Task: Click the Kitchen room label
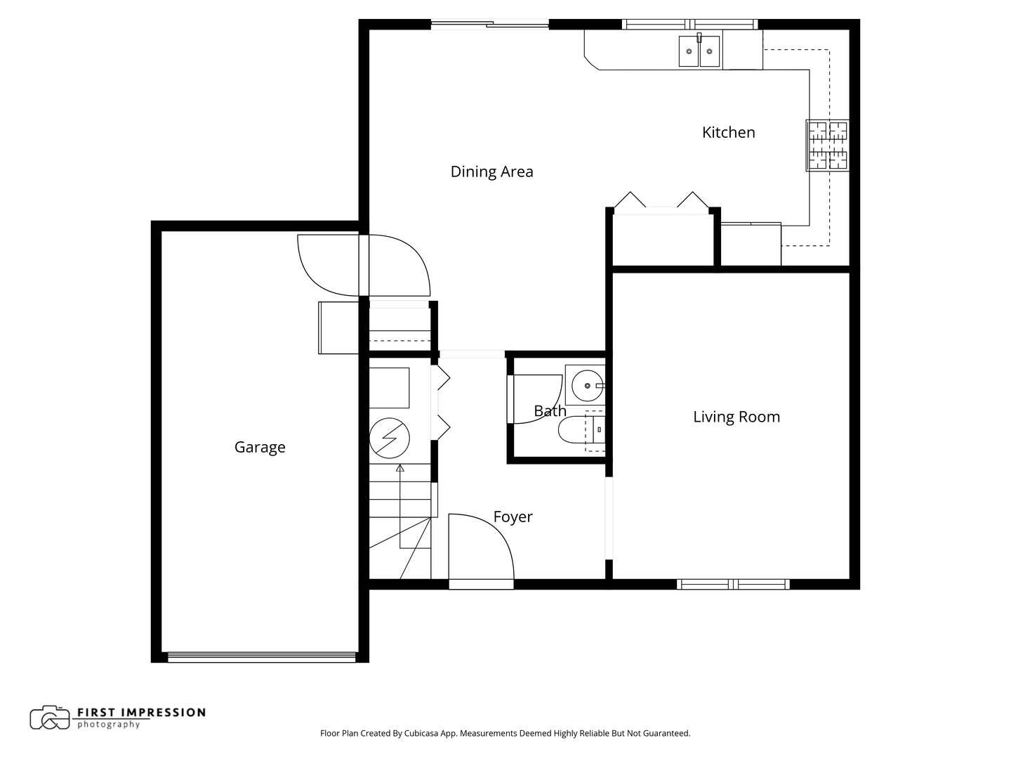tap(728, 132)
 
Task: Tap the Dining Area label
tap(491, 171)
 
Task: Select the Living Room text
tap(736, 417)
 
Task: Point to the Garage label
tap(260, 447)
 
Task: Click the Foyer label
tap(513, 517)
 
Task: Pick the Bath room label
tap(550, 411)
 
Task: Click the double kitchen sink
tap(699, 51)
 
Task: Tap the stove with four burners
tap(827, 145)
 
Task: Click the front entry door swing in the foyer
tap(481, 548)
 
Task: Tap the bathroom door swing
tap(535, 399)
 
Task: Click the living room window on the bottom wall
tap(733, 584)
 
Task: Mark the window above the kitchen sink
tap(691, 25)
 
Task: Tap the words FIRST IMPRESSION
tap(140, 712)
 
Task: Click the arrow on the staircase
tap(400, 467)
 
